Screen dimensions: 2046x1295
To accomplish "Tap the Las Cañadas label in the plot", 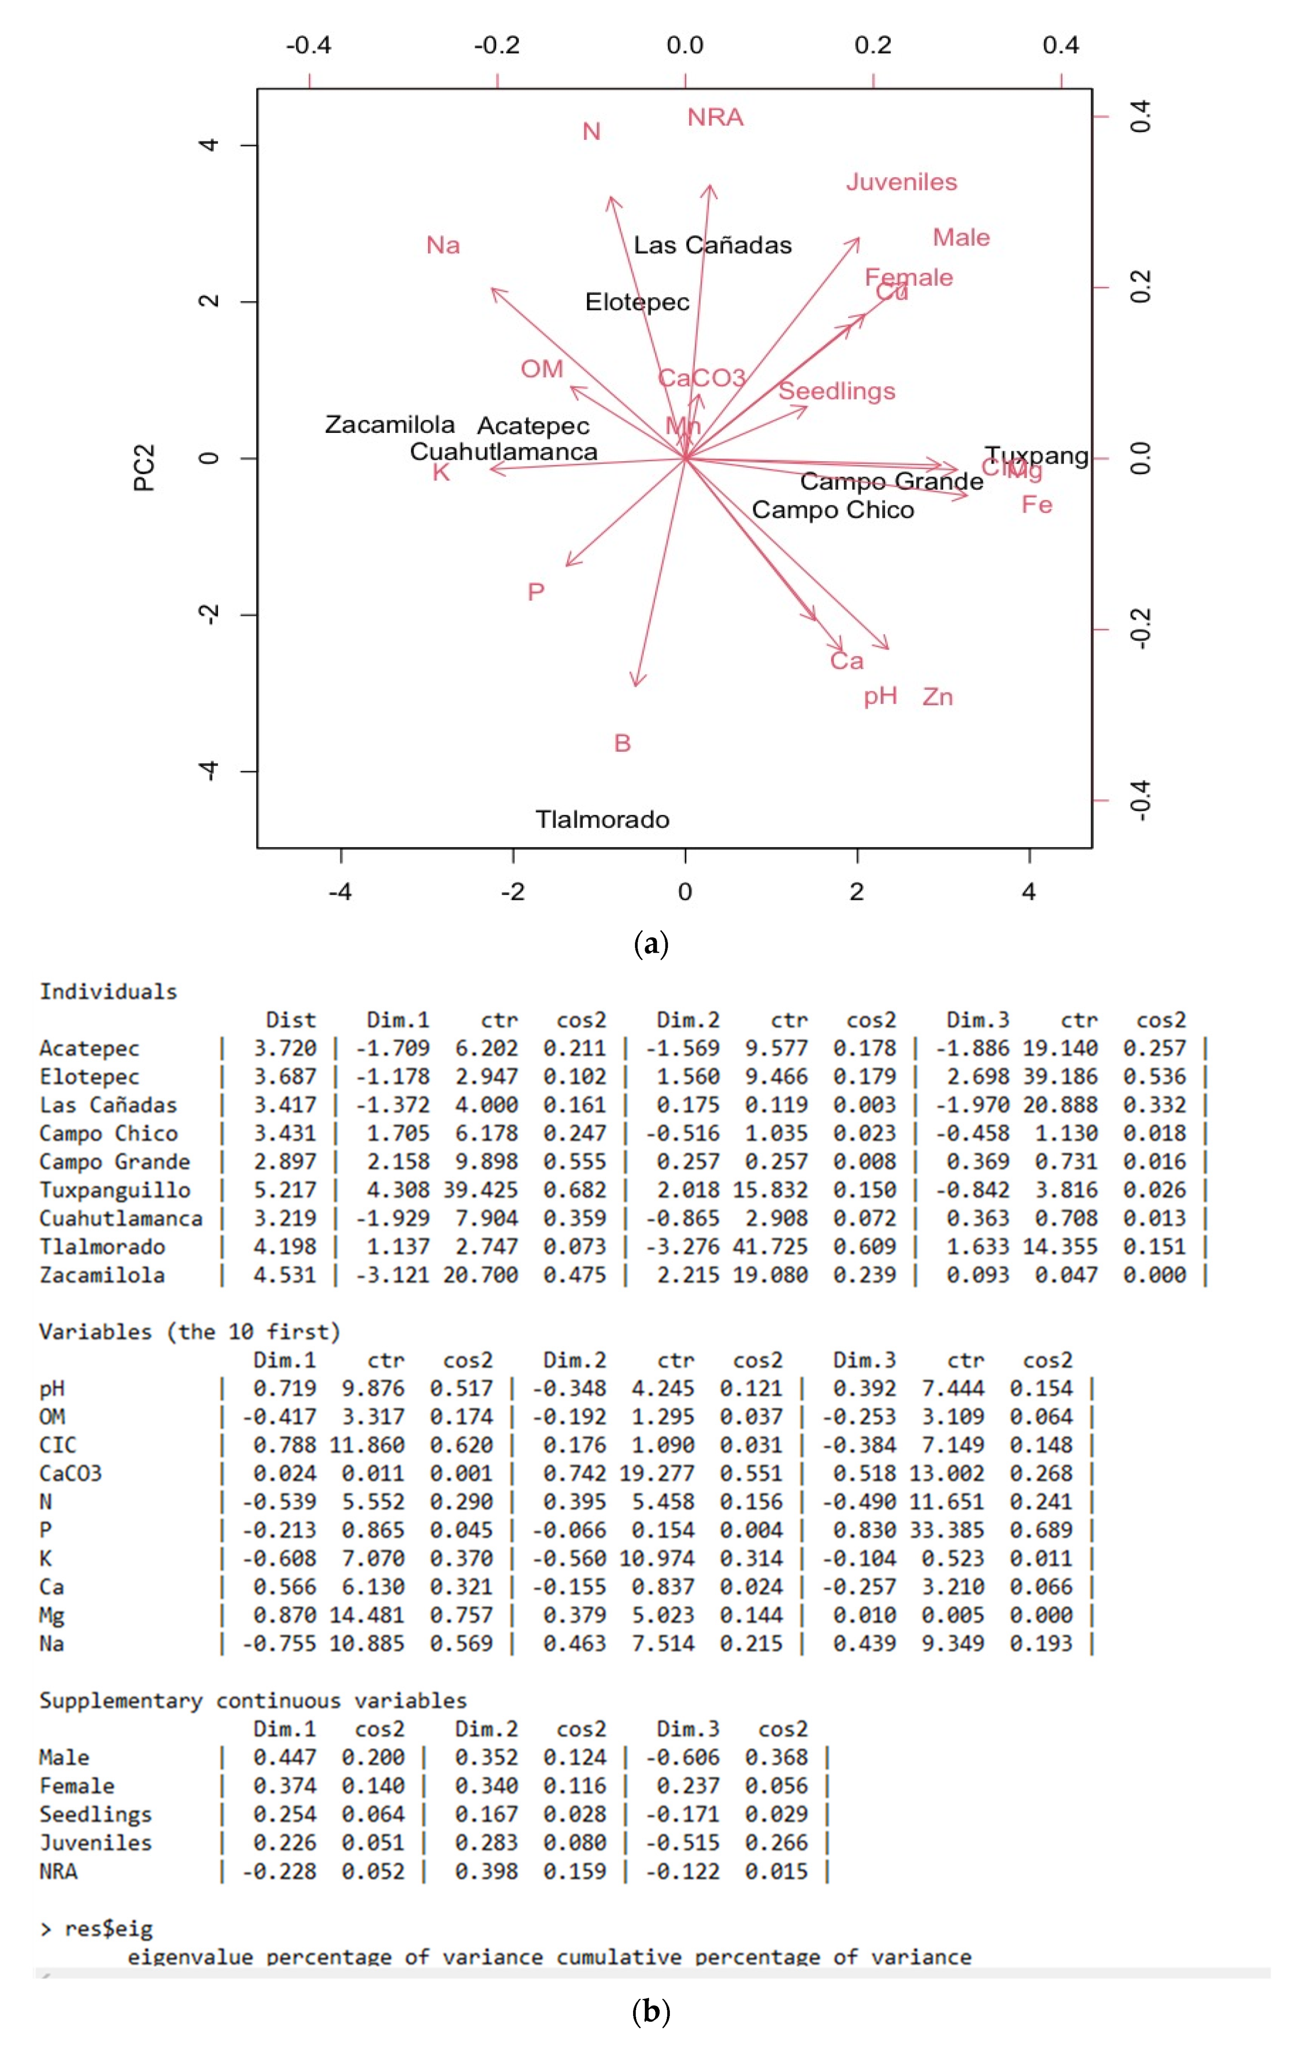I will point(712,246).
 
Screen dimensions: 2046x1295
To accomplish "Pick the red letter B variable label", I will point(622,743).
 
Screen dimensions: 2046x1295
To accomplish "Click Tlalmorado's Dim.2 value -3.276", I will point(682,1247).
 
